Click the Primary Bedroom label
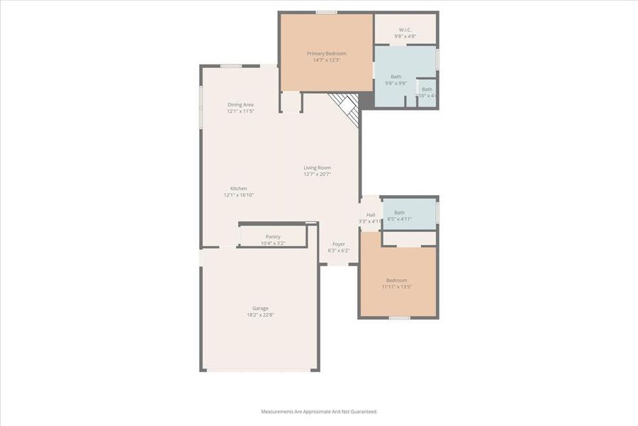coord(327,53)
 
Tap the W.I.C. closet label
coord(405,30)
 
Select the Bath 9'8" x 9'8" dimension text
coord(396,83)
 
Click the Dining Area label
coord(240,104)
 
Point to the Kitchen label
coord(238,188)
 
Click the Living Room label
coord(317,168)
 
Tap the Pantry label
coord(273,236)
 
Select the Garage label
coord(260,308)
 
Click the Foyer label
coord(339,244)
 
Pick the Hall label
coord(371,215)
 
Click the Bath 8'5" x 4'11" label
coord(399,212)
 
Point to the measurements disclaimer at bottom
coord(319,411)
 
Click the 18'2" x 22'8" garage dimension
coord(260,315)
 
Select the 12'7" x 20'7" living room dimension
coord(317,174)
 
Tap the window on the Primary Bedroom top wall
coord(326,12)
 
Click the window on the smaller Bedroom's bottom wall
coord(400,317)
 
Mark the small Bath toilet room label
coord(427,89)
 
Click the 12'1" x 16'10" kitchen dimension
coord(238,195)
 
